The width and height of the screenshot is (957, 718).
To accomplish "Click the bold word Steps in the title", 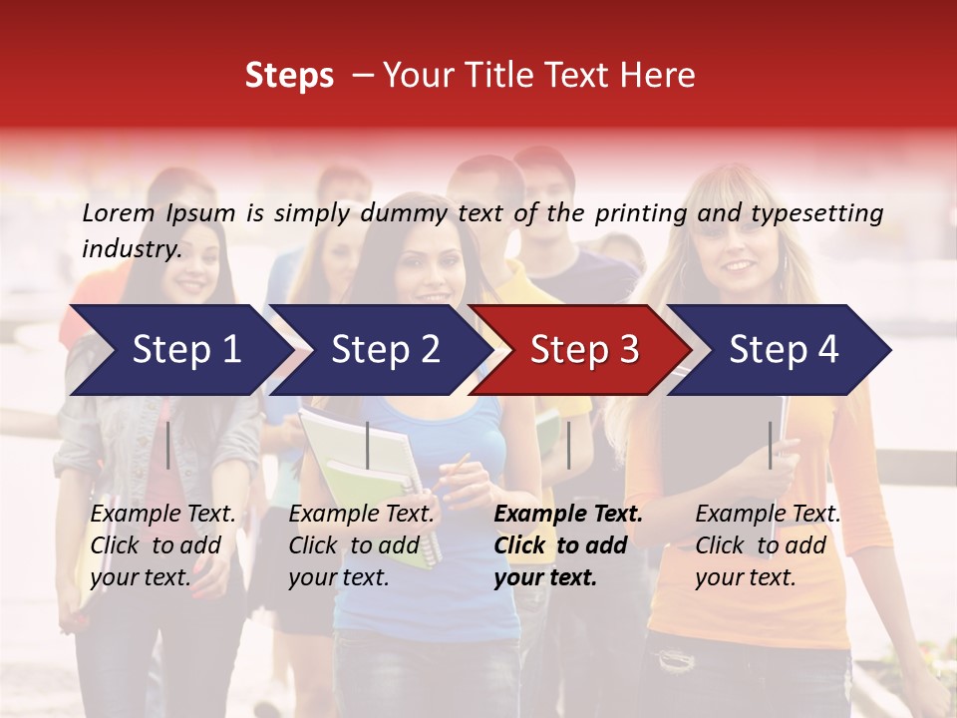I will pos(289,76).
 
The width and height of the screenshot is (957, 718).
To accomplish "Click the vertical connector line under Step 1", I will pos(168,445).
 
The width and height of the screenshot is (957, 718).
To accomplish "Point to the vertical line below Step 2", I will pos(368,445).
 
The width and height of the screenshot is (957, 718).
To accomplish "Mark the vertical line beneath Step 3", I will pos(568,445).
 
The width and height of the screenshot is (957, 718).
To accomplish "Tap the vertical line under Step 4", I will pos(770,445).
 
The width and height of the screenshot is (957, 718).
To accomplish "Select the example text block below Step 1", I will pos(162,545).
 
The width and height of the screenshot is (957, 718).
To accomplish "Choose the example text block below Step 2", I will pos(361,545).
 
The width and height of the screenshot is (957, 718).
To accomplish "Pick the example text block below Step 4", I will pos(768,545).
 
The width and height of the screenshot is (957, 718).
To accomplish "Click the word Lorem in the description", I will pos(119,212).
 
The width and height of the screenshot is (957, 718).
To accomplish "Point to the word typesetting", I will pos(816,212).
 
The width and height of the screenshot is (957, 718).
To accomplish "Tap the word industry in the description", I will pos(132,248).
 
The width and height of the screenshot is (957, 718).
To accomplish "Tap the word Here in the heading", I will pos(659,76).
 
